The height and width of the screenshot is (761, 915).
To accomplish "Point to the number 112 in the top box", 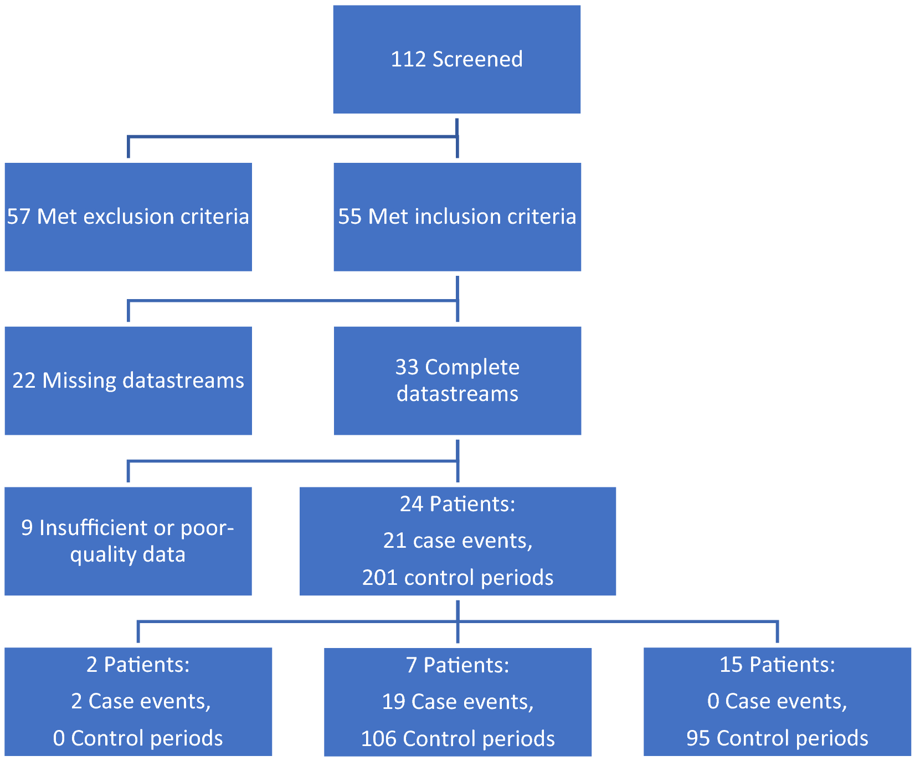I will (x=408, y=59).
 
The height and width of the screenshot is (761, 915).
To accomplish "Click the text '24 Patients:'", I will (x=457, y=504).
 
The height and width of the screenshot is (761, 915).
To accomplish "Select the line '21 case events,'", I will (x=457, y=541).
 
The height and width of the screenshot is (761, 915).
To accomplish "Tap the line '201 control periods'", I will (x=457, y=578).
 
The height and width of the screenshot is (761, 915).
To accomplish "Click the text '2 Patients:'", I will (x=138, y=664).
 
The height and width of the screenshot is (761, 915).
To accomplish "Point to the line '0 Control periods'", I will (x=138, y=738).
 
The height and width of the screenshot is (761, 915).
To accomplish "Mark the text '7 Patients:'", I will (x=457, y=665).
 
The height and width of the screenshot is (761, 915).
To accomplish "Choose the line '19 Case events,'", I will (x=457, y=702).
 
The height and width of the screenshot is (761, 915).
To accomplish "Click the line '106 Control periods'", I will (x=457, y=739).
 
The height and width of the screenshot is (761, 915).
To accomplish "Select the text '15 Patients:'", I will (x=777, y=664).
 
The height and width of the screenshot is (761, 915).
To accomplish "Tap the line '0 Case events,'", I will (x=777, y=701).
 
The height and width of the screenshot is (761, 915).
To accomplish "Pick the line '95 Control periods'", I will (x=777, y=738).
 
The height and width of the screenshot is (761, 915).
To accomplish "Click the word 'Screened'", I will (x=477, y=59).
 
